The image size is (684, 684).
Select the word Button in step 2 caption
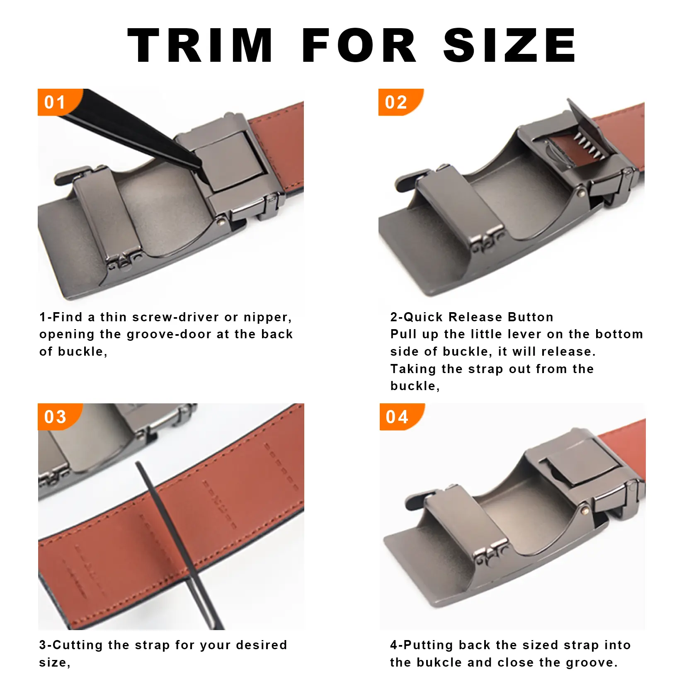531,317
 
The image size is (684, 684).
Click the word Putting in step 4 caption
429,645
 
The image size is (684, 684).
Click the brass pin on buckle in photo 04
585,512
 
